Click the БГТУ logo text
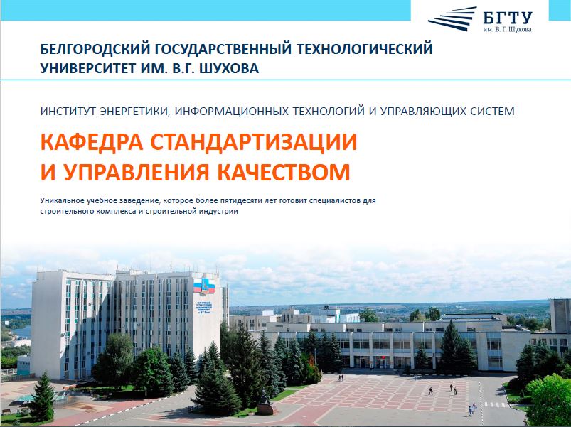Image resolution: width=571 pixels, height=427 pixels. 508,18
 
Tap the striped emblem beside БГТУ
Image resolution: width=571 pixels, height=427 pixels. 452,18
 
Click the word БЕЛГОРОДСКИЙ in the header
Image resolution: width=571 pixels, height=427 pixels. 95,49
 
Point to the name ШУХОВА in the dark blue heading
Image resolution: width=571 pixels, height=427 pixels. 230,68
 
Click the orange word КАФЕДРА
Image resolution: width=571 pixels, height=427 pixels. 92,143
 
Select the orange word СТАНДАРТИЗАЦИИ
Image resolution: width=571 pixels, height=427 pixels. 253,142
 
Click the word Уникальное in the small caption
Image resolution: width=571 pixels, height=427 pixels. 62,200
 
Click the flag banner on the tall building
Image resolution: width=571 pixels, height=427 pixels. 204,286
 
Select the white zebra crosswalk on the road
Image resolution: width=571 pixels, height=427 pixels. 494,404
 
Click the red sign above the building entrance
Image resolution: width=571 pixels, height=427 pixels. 382,357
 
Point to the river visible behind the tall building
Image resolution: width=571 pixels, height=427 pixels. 20,331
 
